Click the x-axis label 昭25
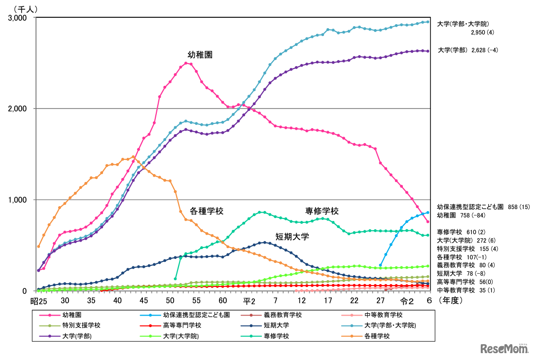(37, 300)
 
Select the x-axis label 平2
(248, 300)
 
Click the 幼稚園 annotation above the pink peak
(200, 55)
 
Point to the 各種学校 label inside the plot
(207, 211)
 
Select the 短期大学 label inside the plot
(292, 237)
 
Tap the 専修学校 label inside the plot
(322, 211)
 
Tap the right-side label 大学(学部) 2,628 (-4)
(467, 50)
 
